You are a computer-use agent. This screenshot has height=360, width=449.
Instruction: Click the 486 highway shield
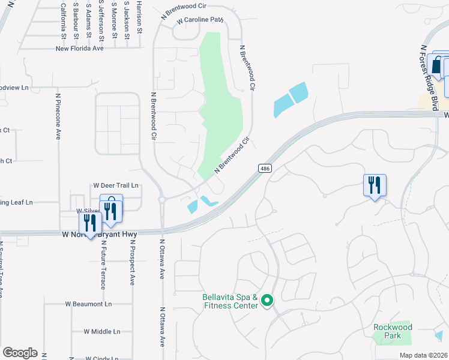tap(264, 169)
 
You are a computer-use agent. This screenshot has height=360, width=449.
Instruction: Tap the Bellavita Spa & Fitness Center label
tap(229, 301)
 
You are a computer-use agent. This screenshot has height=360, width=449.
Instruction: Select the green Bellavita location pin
tap(268, 301)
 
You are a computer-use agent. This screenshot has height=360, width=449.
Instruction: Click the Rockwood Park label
tap(393, 331)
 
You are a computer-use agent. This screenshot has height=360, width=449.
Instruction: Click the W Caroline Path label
tap(199, 20)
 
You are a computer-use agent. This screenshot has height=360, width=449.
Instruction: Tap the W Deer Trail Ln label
tap(116, 185)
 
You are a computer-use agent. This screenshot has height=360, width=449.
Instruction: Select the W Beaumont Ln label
tap(88, 304)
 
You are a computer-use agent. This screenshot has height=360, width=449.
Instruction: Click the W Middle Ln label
tap(102, 331)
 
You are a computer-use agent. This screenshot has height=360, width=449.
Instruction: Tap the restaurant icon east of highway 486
tap(375, 185)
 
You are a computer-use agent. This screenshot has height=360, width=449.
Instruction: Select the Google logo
tap(20, 353)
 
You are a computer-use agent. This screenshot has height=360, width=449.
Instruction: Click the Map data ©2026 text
tap(423, 355)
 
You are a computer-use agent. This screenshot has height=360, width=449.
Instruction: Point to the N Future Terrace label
tap(103, 266)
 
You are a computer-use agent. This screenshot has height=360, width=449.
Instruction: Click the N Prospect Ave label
tap(132, 262)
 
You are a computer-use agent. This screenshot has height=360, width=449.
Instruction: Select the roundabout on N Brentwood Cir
tap(162, 200)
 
